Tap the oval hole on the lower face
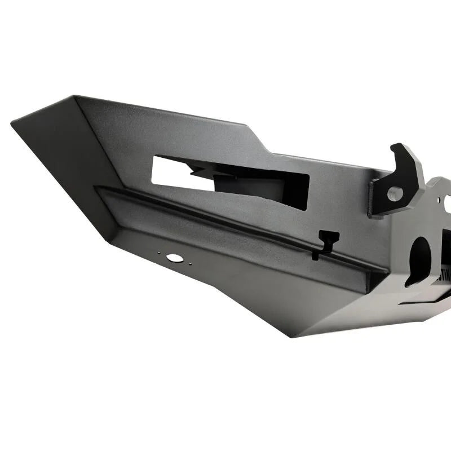click(174, 258)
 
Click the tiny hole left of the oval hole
click(160, 254)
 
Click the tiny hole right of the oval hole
click(188, 261)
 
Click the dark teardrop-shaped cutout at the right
click(419, 259)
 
